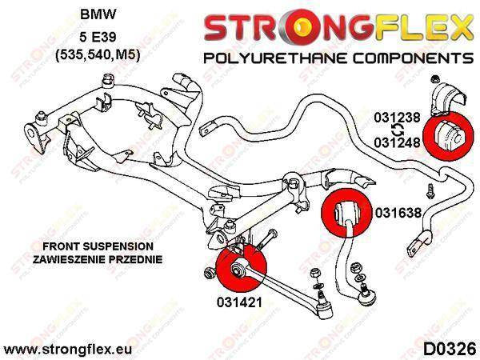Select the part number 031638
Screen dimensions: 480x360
click(398, 213)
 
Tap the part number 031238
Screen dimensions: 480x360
click(397, 118)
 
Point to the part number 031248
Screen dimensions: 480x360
click(397, 142)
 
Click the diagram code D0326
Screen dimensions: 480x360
click(450, 349)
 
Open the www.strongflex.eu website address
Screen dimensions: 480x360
click(68, 350)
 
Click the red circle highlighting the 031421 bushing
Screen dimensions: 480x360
click(241, 268)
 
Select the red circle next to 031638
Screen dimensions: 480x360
click(346, 213)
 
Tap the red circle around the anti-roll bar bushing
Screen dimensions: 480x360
click(448, 136)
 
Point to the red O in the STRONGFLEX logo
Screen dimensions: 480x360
click(301, 26)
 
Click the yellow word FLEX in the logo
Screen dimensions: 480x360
click(424, 27)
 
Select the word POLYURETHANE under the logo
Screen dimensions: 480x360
click(275, 58)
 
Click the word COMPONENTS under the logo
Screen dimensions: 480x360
click(414, 58)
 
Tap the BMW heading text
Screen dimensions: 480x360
click(98, 14)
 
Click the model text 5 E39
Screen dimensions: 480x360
click(98, 37)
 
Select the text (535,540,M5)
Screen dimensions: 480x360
click(98, 56)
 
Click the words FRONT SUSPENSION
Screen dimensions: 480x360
click(98, 246)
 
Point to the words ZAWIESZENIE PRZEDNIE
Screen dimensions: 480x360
click(98, 259)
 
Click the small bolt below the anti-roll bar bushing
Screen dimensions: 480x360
click(430, 192)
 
